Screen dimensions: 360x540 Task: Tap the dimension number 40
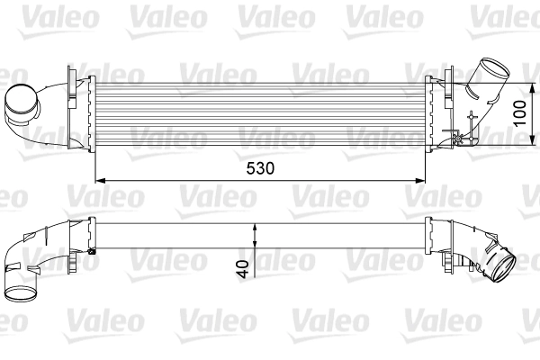coord(242,267)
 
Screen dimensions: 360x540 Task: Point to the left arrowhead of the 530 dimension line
coord(100,178)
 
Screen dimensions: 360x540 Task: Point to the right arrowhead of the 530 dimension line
coord(420,178)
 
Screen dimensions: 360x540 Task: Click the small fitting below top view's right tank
coord(463,138)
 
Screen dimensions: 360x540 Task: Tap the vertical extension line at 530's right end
coord(425,166)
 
